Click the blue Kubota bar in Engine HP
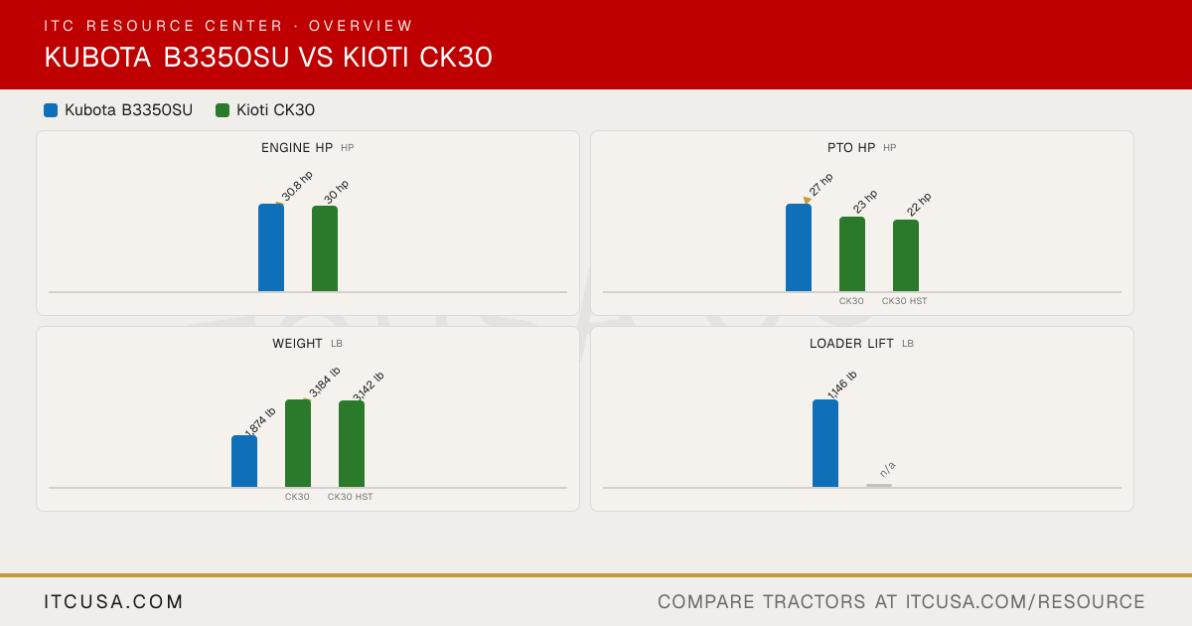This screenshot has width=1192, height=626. click(271, 247)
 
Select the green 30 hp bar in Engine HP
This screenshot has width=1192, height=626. click(325, 248)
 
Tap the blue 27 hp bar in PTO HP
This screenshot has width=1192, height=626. click(799, 247)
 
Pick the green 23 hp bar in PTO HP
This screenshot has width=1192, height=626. click(852, 254)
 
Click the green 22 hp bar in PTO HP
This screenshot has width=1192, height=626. click(906, 255)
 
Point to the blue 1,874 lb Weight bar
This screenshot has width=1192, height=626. click(244, 461)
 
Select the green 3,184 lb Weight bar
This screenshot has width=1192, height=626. click(298, 443)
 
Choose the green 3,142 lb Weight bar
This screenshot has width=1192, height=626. click(352, 444)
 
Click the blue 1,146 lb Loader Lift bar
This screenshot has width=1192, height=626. click(825, 443)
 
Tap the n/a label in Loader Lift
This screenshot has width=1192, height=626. click(888, 469)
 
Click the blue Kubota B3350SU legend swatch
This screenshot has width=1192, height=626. click(51, 110)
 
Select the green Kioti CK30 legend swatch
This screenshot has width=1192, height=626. click(223, 110)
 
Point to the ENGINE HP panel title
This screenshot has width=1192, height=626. click(297, 147)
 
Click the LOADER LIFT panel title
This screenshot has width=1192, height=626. click(851, 344)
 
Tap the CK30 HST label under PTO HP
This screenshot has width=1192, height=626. click(904, 301)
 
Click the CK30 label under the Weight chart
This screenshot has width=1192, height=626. click(297, 497)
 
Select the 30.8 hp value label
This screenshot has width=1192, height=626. click(297, 186)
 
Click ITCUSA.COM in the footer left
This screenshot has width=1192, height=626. click(113, 601)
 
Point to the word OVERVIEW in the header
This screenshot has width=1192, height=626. click(361, 26)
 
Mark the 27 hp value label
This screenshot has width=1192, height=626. click(821, 185)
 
